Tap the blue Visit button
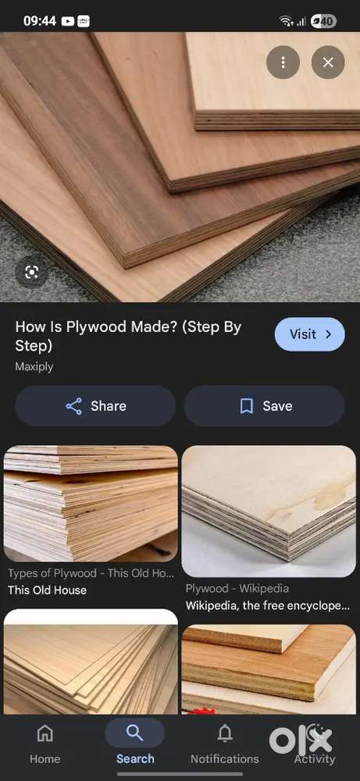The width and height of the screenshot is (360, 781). [309, 334]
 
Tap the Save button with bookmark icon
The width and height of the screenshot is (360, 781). [265, 406]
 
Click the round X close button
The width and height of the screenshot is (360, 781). [328, 62]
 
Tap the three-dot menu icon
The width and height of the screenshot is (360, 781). [283, 62]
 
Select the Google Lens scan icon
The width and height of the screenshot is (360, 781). [31, 272]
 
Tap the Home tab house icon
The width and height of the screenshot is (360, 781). [45, 733]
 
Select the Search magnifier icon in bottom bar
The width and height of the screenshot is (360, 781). [134, 733]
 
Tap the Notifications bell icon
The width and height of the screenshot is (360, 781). [225, 733]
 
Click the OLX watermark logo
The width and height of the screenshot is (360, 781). [301, 740]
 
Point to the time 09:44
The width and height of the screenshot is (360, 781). [40, 21]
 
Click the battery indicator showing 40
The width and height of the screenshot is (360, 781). [323, 21]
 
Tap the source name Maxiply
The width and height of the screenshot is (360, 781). [34, 366]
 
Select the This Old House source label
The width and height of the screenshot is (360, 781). [47, 590]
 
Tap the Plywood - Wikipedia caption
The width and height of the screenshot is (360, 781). [237, 589]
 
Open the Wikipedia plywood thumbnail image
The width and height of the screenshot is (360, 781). [269, 511]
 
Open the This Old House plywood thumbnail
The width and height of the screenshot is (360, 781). [91, 504]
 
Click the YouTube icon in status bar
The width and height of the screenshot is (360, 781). [67, 21]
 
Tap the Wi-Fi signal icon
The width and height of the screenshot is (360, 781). [286, 21]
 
